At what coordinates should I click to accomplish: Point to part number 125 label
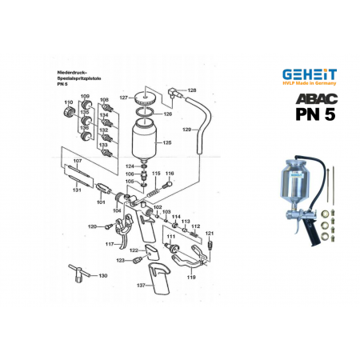(167, 142)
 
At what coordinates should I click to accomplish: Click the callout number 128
(191, 90)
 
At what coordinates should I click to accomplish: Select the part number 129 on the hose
(186, 129)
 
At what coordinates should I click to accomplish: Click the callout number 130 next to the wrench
(102, 275)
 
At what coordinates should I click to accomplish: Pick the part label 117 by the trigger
(109, 244)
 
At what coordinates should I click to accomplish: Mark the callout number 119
(190, 277)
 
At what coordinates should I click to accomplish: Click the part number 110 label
(68, 103)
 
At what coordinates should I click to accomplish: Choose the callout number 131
(77, 190)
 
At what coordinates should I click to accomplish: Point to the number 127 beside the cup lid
(124, 98)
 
